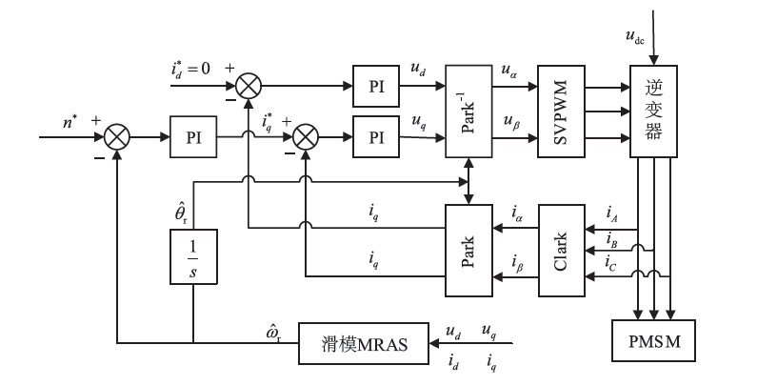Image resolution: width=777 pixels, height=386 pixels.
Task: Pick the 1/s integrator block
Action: click(x=193, y=258)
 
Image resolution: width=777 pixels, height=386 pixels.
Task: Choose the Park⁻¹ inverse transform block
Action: click(x=468, y=112)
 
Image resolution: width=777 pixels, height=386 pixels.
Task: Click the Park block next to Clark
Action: click(x=468, y=250)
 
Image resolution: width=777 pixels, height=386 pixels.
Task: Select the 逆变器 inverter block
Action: click(x=652, y=112)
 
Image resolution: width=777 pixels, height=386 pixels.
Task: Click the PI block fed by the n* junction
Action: click(x=193, y=136)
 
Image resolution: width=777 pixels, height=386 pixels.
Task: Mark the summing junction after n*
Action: click(x=117, y=136)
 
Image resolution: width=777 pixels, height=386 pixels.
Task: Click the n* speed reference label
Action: click(x=69, y=122)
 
